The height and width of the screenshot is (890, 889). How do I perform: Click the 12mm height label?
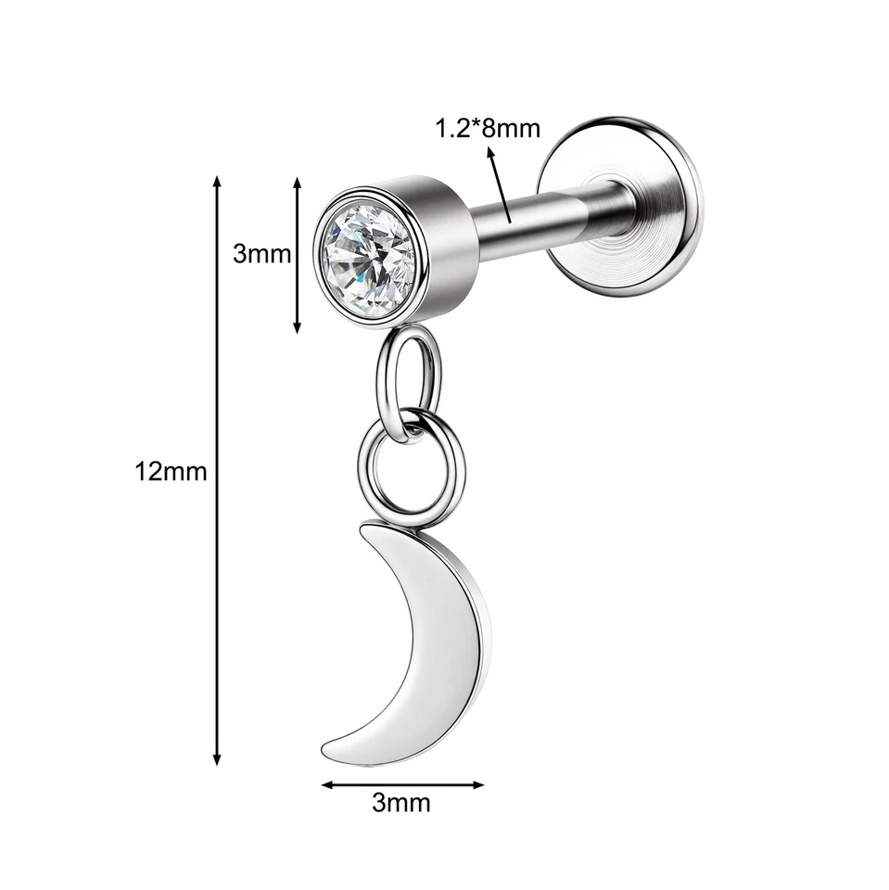(171, 471)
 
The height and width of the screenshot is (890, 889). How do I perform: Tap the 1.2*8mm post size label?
(488, 128)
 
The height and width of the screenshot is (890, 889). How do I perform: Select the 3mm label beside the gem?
(262, 253)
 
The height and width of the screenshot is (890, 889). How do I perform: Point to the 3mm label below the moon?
(401, 802)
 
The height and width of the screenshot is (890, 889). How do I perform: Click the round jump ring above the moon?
(410, 469)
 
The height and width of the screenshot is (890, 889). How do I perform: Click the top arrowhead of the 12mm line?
(218, 180)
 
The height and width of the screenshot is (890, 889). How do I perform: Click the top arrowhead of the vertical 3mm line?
(298, 183)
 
